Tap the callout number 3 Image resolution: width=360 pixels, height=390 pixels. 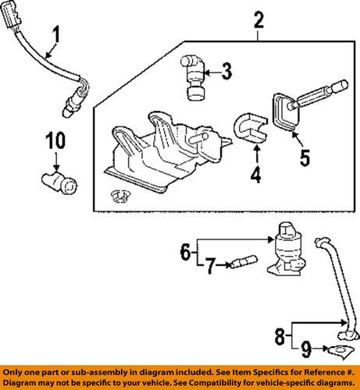(226, 73)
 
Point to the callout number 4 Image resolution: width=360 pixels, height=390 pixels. (255, 175)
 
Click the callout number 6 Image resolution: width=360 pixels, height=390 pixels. (185, 253)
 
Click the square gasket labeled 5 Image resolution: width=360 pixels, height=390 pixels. (283, 112)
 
